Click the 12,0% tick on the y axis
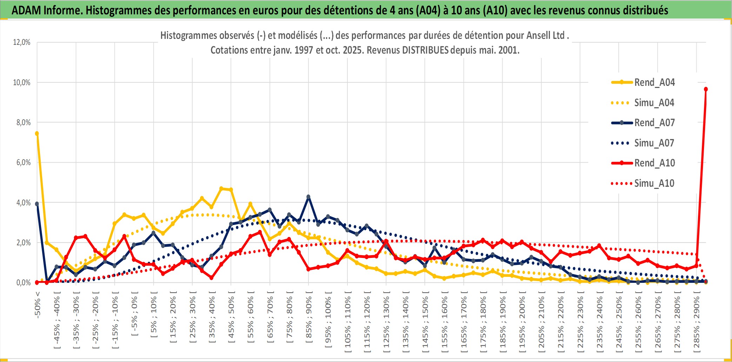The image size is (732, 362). pyautogui.click(x=22, y=42)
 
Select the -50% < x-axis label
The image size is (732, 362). pyautogui.click(x=38, y=305)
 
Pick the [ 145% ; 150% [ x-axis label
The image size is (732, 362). pyautogui.click(x=425, y=322)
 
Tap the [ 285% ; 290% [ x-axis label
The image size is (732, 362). pyautogui.click(x=697, y=322)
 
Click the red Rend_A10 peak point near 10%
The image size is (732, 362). pyautogui.click(x=706, y=89)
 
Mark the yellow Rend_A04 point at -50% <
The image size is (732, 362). pyautogui.click(x=37, y=134)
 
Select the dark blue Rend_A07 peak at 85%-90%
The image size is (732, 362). pyautogui.click(x=308, y=197)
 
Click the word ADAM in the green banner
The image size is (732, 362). pyautogui.click(x=26, y=11)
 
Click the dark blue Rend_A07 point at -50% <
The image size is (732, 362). pyautogui.click(x=37, y=204)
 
